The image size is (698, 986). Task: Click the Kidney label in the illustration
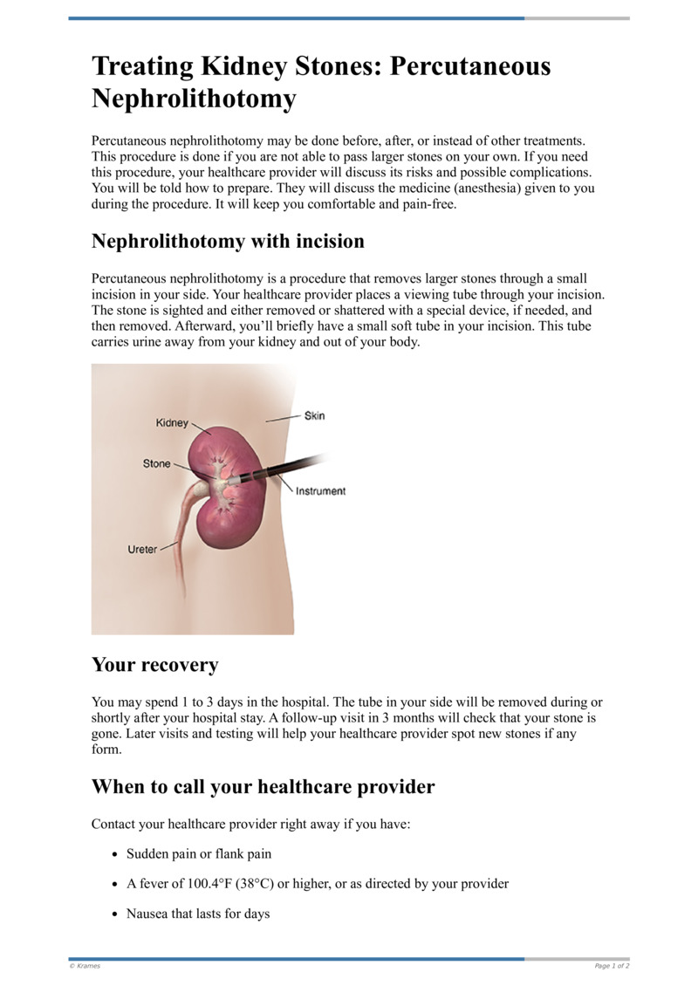pyautogui.click(x=172, y=423)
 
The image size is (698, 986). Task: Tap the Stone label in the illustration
pyautogui.click(x=157, y=463)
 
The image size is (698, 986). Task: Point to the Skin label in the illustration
pyautogui.click(x=314, y=415)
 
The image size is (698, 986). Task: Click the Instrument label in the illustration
pyautogui.click(x=320, y=491)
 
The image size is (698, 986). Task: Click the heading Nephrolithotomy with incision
pyautogui.click(x=228, y=241)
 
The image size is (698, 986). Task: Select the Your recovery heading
pyautogui.click(x=154, y=665)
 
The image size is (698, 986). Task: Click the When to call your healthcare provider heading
pyautogui.click(x=263, y=786)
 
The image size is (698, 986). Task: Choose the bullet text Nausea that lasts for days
pyautogui.click(x=198, y=914)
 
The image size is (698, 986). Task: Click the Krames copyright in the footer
pyautogui.click(x=85, y=966)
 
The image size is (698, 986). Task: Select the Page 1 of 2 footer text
pyautogui.click(x=612, y=966)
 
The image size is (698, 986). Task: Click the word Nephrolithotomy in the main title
pyautogui.click(x=194, y=99)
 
